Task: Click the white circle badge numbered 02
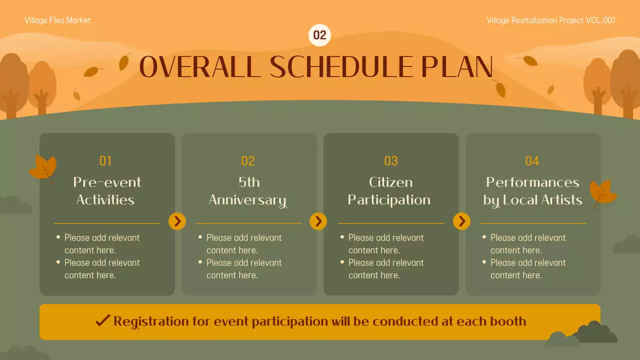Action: tap(319, 35)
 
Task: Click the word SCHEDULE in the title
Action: tap(342, 67)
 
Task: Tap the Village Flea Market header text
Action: tap(57, 20)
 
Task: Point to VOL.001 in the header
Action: tap(600, 20)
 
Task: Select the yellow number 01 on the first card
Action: tap(105, 161)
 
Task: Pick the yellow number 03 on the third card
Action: tap(391, 161)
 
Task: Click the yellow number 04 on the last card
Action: tap(532, 161)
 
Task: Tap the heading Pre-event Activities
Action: tap(106, 191)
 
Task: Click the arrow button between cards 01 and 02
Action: tap(177, 221)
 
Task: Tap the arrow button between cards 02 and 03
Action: tap(318, 221)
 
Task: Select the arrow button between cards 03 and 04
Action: tap(461, 221)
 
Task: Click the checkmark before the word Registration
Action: tap(102, 320)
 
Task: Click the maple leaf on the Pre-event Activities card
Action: tap(43, 168)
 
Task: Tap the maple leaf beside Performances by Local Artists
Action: tap(603, 193)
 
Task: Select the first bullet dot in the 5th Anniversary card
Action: tap(200, 237)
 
